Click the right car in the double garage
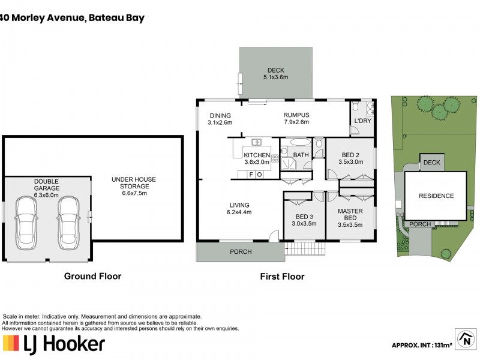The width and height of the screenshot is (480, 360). (68, 219)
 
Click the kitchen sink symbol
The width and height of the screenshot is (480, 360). (257, 142)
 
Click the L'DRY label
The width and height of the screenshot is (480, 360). (362, 121)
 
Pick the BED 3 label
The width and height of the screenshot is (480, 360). (304, 220)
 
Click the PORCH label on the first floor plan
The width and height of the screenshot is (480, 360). (241, 251)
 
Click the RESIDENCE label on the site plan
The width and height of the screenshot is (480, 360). (436, 196)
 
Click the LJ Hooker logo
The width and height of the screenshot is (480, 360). (54, 343)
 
